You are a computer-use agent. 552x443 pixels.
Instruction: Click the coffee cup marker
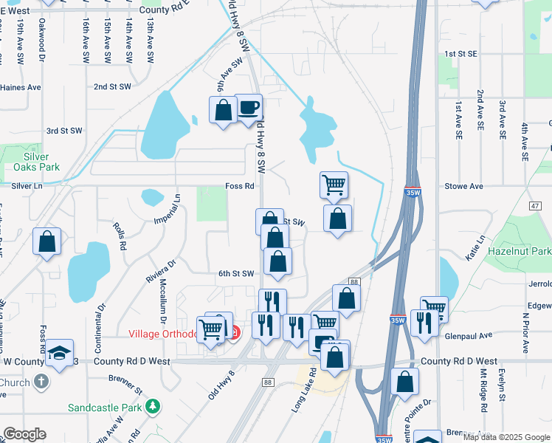[249, 108]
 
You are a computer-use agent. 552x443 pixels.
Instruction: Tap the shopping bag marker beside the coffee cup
[224, 111]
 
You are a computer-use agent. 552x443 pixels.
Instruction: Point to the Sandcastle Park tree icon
[152, 406]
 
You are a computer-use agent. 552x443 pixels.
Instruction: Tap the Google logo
[25, 434]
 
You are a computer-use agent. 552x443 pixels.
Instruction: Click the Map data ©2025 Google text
[506, 437]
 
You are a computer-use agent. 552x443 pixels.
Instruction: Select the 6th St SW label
[235, 273]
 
